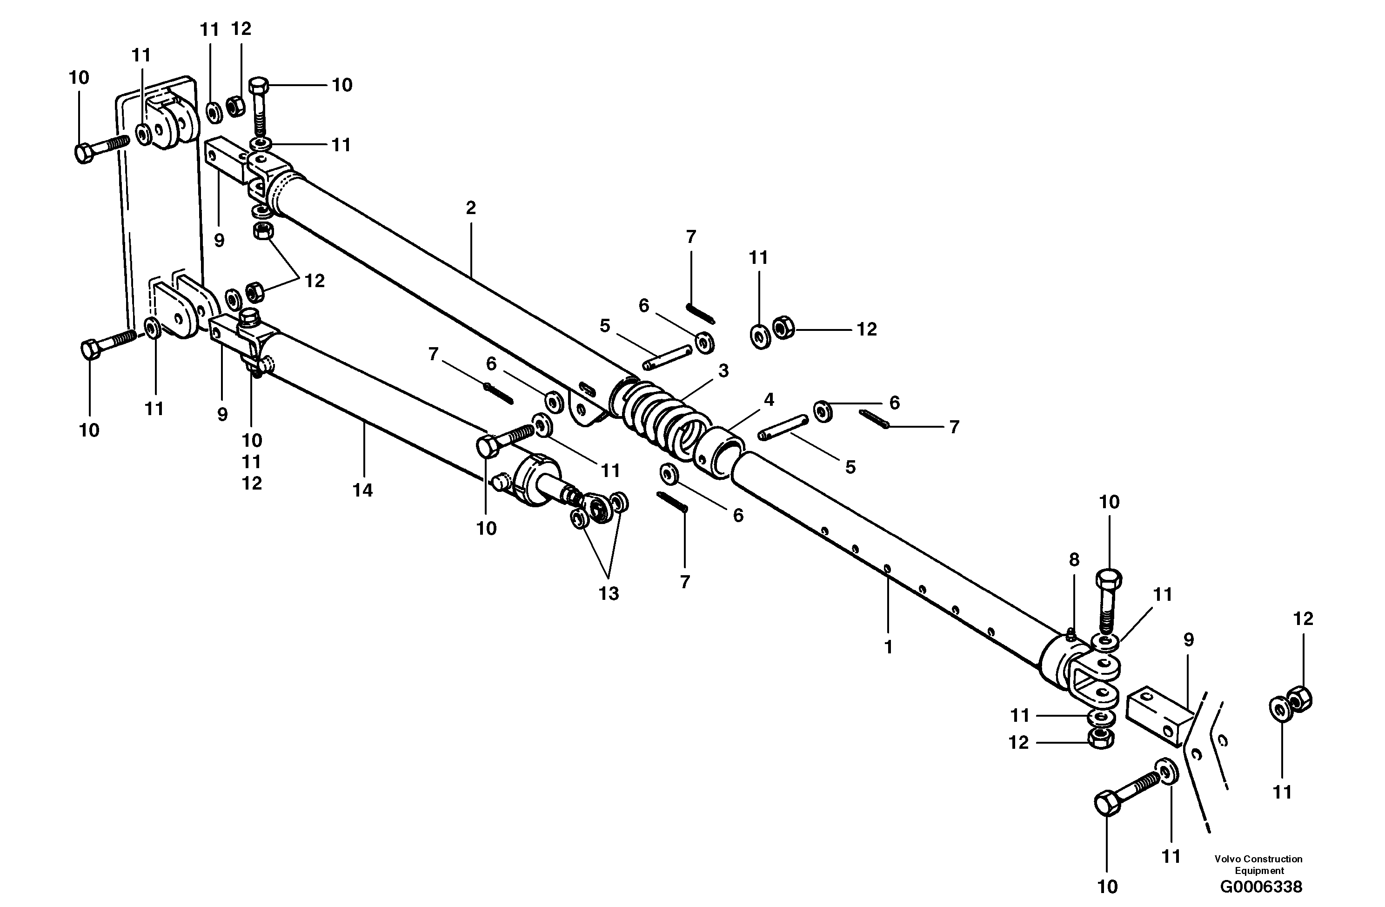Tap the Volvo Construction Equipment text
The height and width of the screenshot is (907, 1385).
[x=1258, y=865]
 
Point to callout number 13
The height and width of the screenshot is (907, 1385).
[x=609, y=594]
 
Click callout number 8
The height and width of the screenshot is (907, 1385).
[x=1074, y=560]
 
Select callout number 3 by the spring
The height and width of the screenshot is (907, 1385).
[x=723, y=371]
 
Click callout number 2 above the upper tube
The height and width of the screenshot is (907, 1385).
[x=471, y=208]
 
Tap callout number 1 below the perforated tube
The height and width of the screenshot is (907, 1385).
[x=888, y=647]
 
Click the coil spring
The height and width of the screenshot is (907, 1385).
[x=657, y=416]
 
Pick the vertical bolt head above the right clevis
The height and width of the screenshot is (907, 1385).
[x=1109, y=581]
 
